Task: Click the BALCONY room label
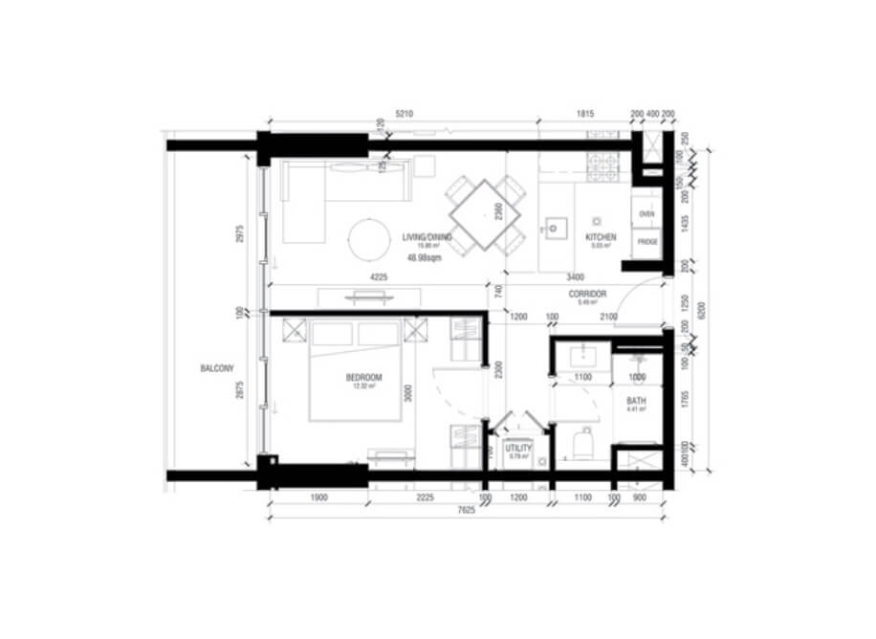(217, 368)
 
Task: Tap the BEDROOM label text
(364, 377)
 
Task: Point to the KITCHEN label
(601, 237)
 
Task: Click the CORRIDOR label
(588, 294)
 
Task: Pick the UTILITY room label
(518, 447)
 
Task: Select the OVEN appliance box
(646, 214)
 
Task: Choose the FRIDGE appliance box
(646, 242)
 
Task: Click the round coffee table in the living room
(370, 239)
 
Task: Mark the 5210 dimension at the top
(404, 114)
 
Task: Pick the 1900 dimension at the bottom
(319, 497)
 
